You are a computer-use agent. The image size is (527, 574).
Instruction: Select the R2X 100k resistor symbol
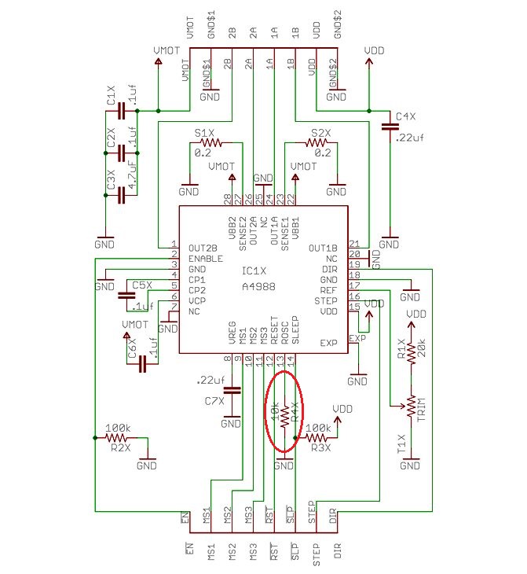click(119, 436)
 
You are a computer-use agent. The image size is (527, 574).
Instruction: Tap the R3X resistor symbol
click(318, 437)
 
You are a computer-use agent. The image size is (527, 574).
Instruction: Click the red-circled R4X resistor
click(284, 415)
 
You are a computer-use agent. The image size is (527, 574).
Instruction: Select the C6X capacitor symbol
click(143, 364)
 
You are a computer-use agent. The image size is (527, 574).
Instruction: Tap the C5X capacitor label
click(141, 285)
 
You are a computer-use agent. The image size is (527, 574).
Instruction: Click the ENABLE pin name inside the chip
click(206, 259)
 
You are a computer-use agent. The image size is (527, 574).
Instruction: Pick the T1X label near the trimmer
click(400, 445)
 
